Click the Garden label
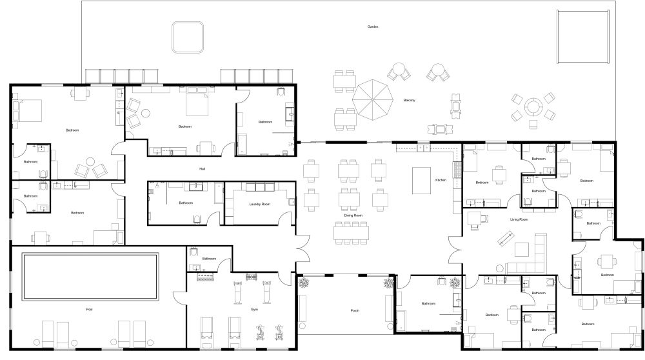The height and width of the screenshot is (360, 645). (x=372, y=26)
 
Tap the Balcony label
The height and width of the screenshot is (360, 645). (x=409, y=100)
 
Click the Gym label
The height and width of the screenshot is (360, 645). (x=254, y=310)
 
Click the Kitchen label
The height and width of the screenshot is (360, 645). (x=441, y=180)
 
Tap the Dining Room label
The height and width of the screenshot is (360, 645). (x=353, y=215)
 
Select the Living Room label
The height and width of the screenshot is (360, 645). (x=519, y=219)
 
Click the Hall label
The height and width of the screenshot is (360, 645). (x=202, y=168)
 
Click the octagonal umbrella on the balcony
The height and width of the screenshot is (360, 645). (x=373, y=99)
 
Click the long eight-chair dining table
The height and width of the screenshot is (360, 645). (x=352, y=232)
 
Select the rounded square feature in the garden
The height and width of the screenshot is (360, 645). (x=188, y=37)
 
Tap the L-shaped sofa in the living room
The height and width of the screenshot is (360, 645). (x=532, y=255)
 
